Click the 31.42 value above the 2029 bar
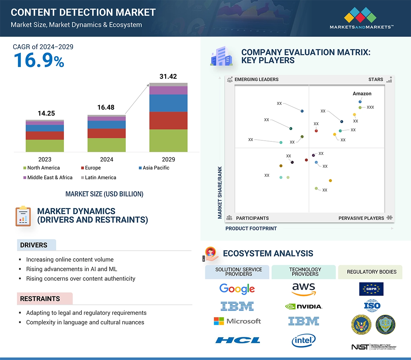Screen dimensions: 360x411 (168, 76)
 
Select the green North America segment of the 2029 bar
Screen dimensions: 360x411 (168, 140)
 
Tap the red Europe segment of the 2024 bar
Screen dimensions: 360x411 (106, 133)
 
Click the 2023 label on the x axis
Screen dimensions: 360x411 (45, 159)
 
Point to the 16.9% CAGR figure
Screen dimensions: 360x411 (39, 60)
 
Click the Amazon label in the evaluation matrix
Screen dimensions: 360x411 (362, 94)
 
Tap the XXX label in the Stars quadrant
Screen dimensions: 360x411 (370, 107)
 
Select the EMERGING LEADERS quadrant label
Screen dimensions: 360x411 (256, 79)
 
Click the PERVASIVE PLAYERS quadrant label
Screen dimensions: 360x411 (361, 218)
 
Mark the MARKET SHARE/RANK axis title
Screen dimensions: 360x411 (220, 193)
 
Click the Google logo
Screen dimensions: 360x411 (237, 289)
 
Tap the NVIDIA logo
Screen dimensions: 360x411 (304, 306)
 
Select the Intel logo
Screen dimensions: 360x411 (304, 340)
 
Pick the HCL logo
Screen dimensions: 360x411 (238, 340)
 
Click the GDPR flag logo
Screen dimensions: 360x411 (371, 289)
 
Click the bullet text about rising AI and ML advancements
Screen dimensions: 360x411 (72, 269)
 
